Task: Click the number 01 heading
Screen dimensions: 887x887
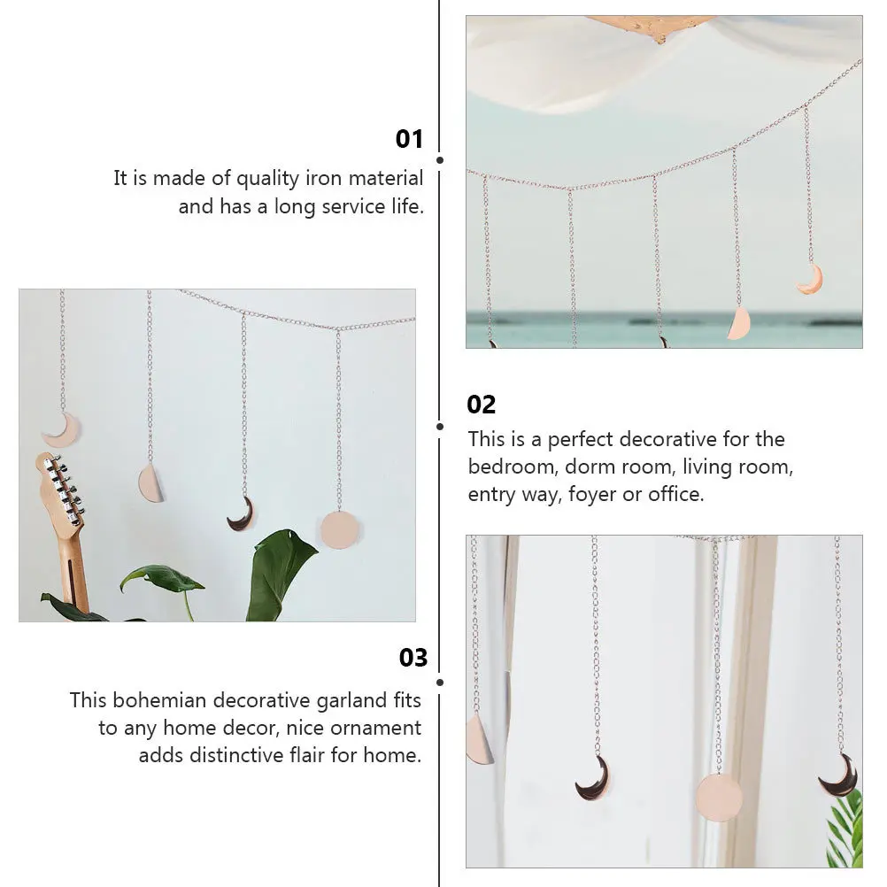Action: click(409, 139)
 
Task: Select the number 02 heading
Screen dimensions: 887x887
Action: click(482, 405)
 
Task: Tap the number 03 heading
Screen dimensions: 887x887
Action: click(413, 658)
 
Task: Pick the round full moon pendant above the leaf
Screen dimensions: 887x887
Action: click(340, 528)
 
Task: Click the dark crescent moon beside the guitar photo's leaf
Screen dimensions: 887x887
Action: click(241, 514)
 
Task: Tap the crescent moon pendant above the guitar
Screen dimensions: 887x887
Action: click(61, 430)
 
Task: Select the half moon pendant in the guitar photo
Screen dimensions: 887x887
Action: click(151, 483)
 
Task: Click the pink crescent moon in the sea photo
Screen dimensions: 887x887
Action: click(810, 281)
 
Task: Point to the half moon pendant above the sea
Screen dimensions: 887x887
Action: click(738, 323)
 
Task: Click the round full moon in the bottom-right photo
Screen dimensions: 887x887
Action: click(719, 796)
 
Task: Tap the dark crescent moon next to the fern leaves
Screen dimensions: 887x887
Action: click(838, 775)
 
